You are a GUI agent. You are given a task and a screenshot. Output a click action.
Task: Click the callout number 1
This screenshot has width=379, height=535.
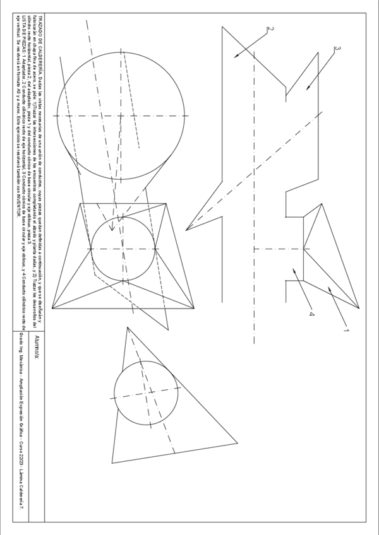346,329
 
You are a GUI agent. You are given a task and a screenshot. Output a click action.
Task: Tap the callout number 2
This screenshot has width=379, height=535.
270,28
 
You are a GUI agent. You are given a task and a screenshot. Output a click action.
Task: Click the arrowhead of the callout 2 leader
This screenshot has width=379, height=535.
236,57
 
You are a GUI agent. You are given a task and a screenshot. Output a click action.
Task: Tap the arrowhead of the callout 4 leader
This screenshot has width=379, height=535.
292,268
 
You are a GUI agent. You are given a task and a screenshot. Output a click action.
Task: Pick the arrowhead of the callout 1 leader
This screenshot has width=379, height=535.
327,286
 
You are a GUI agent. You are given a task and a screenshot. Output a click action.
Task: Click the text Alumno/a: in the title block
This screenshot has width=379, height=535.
37,347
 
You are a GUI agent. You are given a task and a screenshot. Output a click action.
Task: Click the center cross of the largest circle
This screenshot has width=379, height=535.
121,116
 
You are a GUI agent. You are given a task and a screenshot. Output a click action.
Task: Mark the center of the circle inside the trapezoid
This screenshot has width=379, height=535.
123,249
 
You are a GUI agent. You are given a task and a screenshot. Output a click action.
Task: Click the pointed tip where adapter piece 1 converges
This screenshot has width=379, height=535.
359,309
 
